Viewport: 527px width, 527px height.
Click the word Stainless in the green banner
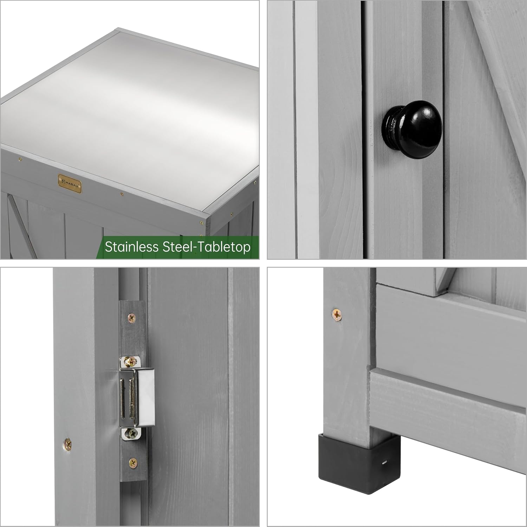coord(131,247)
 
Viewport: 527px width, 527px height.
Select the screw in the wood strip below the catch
coord(132,463)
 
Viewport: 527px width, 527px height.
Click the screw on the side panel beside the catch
coord(67,445)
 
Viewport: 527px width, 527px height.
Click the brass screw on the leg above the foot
coord(337,314)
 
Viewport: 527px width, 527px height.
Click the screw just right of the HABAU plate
coord(122,194)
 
